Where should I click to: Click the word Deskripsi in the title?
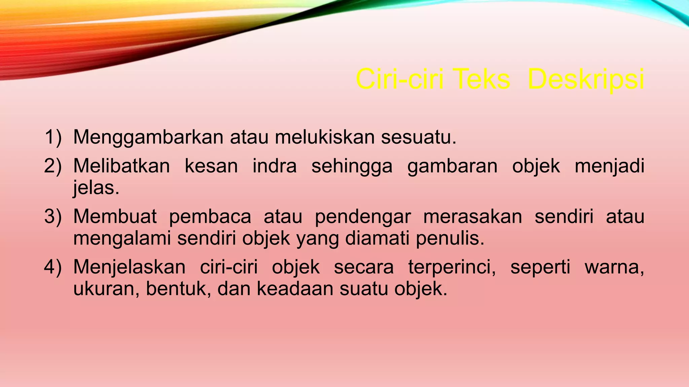coord(586,80)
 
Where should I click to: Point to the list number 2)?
coord(53,166)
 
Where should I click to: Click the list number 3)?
coord(53,216)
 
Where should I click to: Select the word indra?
coord(275,166)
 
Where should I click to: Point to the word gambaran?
coord(452,167)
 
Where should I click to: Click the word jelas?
coord(96,188)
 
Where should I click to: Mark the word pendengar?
coord(363,217)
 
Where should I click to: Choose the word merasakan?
coord(473,216)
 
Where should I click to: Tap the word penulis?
coord(450,239)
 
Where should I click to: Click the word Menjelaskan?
coord(130,267)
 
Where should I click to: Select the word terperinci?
coord(452,267)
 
